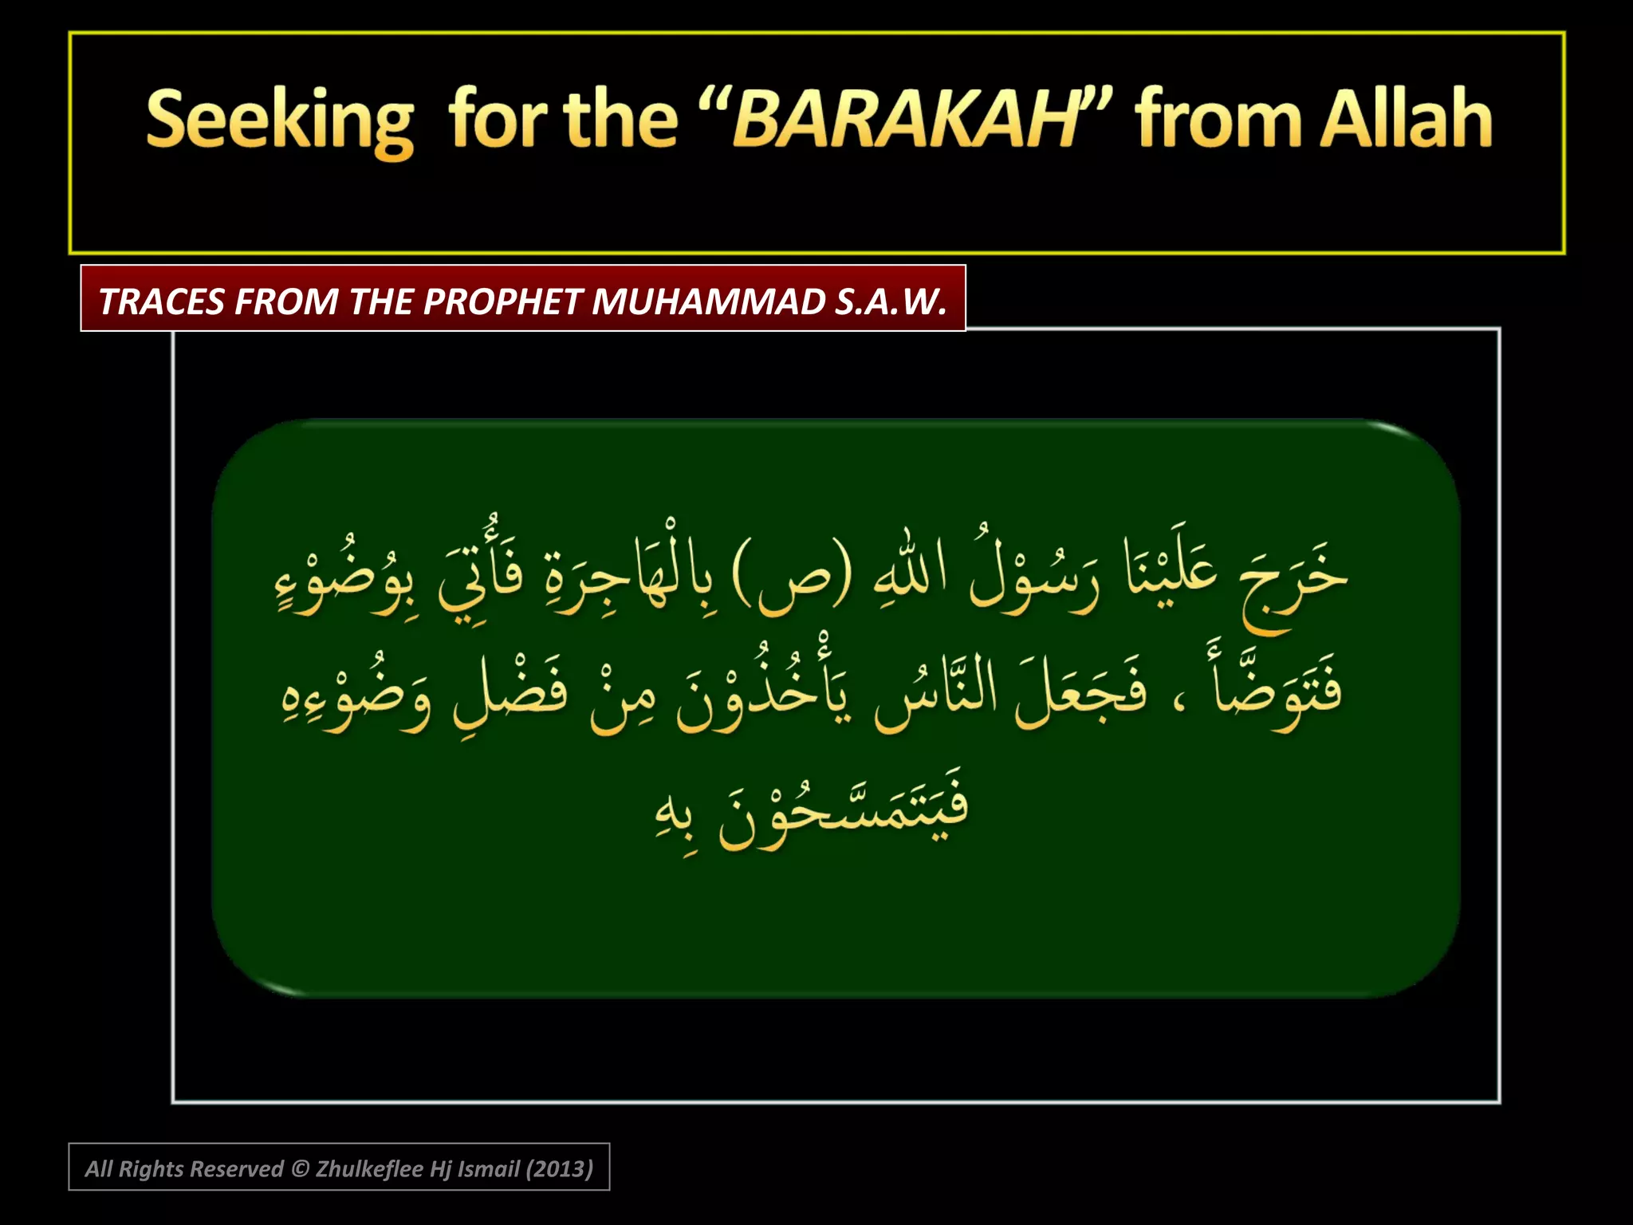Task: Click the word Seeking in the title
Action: coord(280,121)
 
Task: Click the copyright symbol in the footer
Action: coord(300,1168)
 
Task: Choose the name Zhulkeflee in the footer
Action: coord(369,1168)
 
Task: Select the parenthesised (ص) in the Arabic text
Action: coord(791,574)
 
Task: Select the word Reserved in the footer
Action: coord(237,1168)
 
